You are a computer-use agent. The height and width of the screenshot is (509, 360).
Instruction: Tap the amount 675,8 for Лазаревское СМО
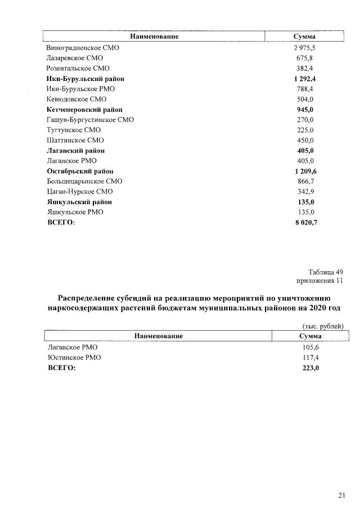pos(304,58)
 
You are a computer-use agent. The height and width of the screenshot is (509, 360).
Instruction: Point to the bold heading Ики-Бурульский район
pos(85,79)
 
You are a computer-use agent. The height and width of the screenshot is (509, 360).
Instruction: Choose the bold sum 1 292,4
pos(304,79)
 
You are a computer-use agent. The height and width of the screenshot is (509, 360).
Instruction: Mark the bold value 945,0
pos(304,110)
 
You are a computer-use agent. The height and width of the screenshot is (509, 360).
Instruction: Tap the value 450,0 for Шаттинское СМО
pos(304,140)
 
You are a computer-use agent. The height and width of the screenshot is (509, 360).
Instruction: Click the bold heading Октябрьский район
pos(80,171)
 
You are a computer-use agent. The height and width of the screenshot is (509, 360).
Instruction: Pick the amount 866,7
pos(304,181)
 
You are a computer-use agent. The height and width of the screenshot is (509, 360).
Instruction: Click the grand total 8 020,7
pos(304,223)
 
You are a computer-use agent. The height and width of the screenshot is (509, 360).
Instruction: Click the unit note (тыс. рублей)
pos(323,326)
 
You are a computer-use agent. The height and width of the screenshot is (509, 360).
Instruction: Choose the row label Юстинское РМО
pos(74,357)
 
